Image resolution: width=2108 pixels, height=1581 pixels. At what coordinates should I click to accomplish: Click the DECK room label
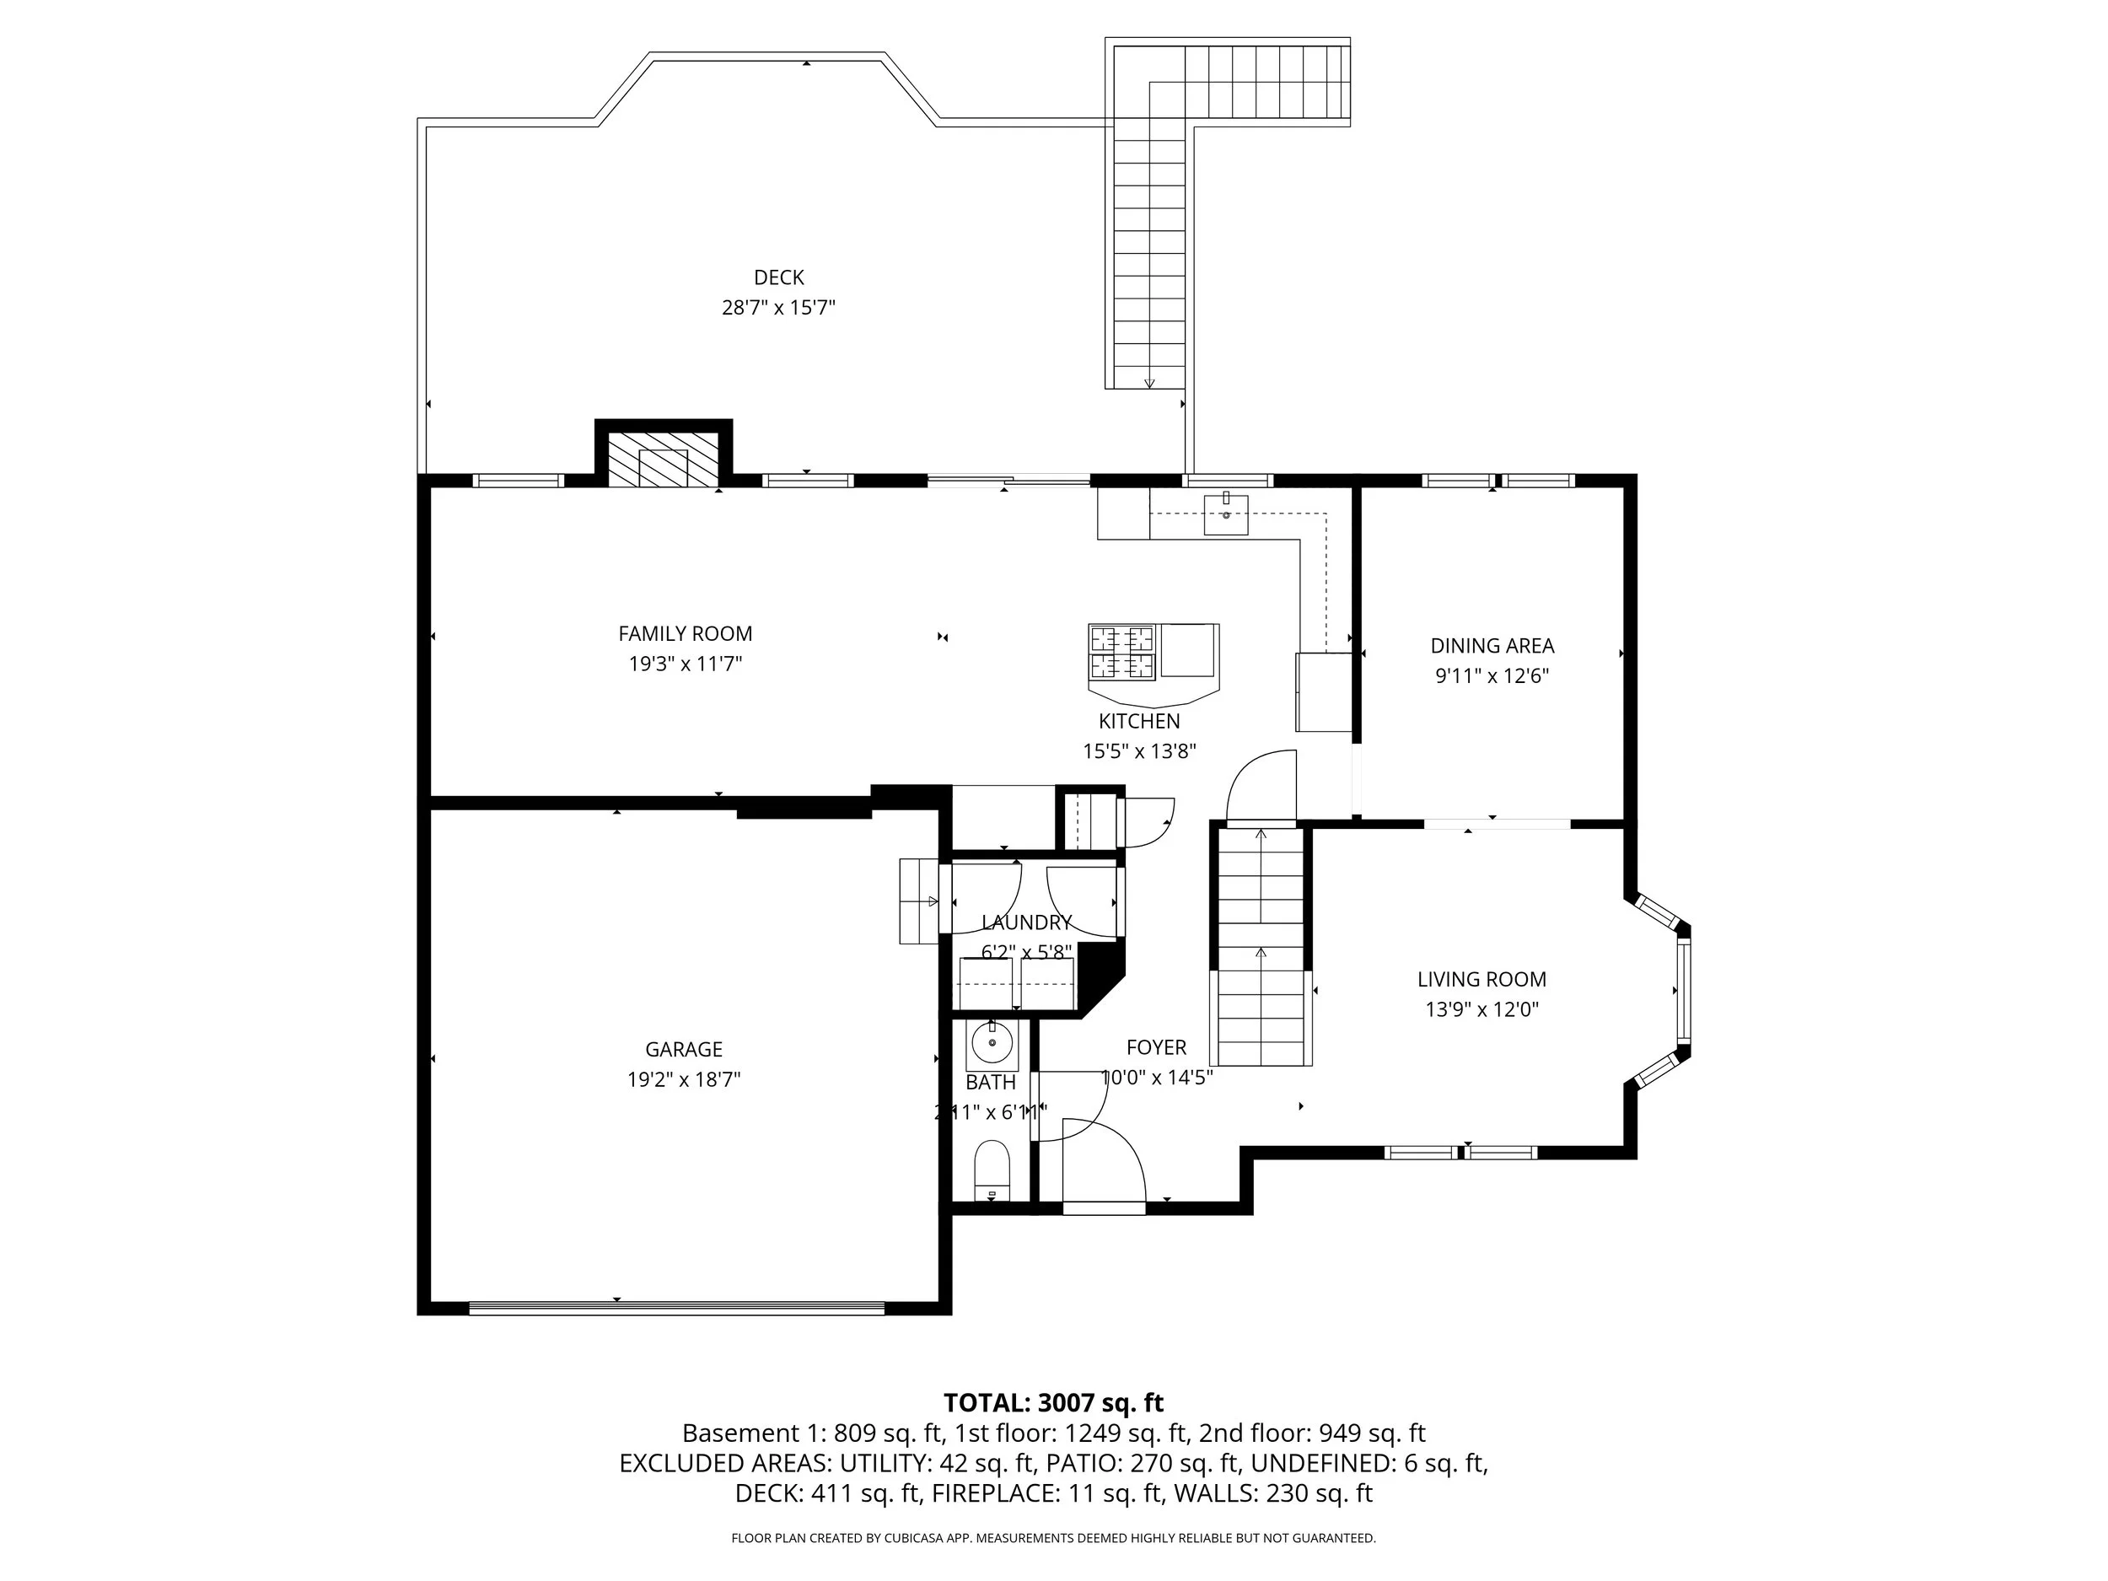point(778,277)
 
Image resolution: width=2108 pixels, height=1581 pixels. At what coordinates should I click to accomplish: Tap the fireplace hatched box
point(664,460)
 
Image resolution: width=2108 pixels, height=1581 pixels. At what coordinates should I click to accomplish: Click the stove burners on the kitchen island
point(1121,652)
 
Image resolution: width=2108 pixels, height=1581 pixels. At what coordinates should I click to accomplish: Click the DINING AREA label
point(1492,646)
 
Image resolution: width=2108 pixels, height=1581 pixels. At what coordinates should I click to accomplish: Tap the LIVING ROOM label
point(1481,979)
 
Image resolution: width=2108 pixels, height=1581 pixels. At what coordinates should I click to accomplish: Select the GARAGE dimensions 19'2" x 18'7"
point(683,1080)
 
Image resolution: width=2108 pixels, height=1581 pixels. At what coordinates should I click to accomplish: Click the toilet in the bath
point(992,1171)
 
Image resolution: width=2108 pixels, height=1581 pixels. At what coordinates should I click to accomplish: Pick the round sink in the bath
point(993,1045)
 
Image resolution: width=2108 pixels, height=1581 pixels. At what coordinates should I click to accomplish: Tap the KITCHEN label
point(1139,722)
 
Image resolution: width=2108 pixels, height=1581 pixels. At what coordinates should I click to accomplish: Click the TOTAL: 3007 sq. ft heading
point(1053,1403)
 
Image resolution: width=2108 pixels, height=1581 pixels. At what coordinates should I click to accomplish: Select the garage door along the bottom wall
point(676,1309)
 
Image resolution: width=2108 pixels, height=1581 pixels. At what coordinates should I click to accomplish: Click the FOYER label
point(1156,1047)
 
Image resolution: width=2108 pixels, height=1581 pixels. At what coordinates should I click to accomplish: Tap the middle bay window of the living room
point(1683,991)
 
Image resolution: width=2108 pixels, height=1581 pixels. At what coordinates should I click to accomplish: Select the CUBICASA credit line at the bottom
point(1053,1538)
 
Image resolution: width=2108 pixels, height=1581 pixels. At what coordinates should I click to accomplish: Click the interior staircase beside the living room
point(1261,944)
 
